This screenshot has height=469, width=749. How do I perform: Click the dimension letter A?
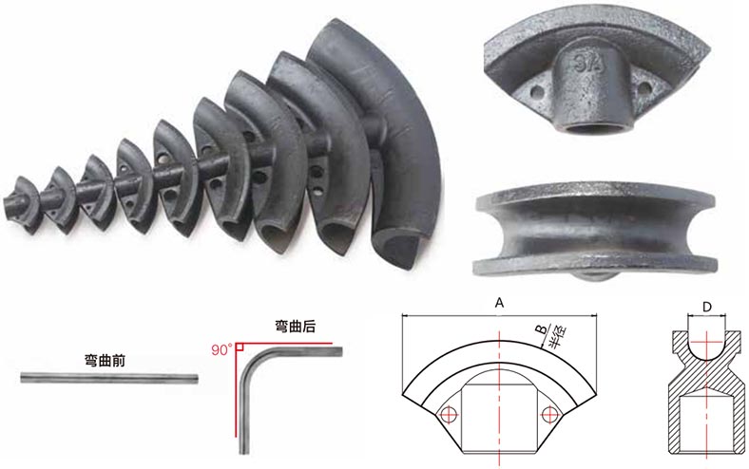[499, 303]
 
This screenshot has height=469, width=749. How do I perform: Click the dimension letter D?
[707, 308]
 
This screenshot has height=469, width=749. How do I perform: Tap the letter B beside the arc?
[542, 329]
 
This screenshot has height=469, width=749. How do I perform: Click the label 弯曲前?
[105, 360]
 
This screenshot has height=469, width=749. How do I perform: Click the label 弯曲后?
[296, 326]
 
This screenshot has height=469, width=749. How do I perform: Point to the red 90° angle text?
[221, 349]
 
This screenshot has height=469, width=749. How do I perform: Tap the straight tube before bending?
[109, 379]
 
